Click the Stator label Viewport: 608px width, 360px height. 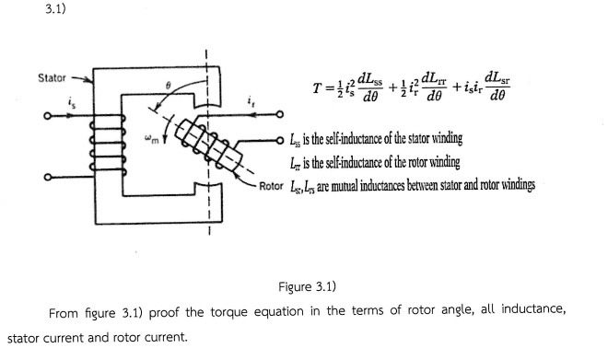52,77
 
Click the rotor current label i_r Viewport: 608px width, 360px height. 251,99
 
